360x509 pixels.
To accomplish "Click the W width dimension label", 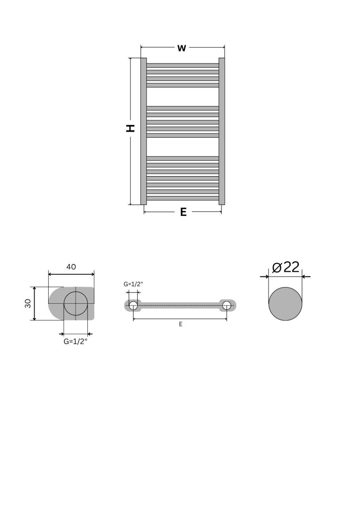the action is coord(182,48).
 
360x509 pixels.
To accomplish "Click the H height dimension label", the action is coord(130,128).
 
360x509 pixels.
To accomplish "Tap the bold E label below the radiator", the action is coord(183,212).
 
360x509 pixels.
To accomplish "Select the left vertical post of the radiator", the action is coord(143,131).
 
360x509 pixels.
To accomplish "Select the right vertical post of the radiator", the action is coord(221,131).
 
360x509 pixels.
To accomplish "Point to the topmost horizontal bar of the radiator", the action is coord(182,65).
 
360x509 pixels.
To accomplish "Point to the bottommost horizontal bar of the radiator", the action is coord(182,198).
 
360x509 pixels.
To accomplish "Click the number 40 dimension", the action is coord(71,267).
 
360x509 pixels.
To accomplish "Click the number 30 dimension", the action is coord(28,304).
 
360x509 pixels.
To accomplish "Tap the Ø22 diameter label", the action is coord(286,267).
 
